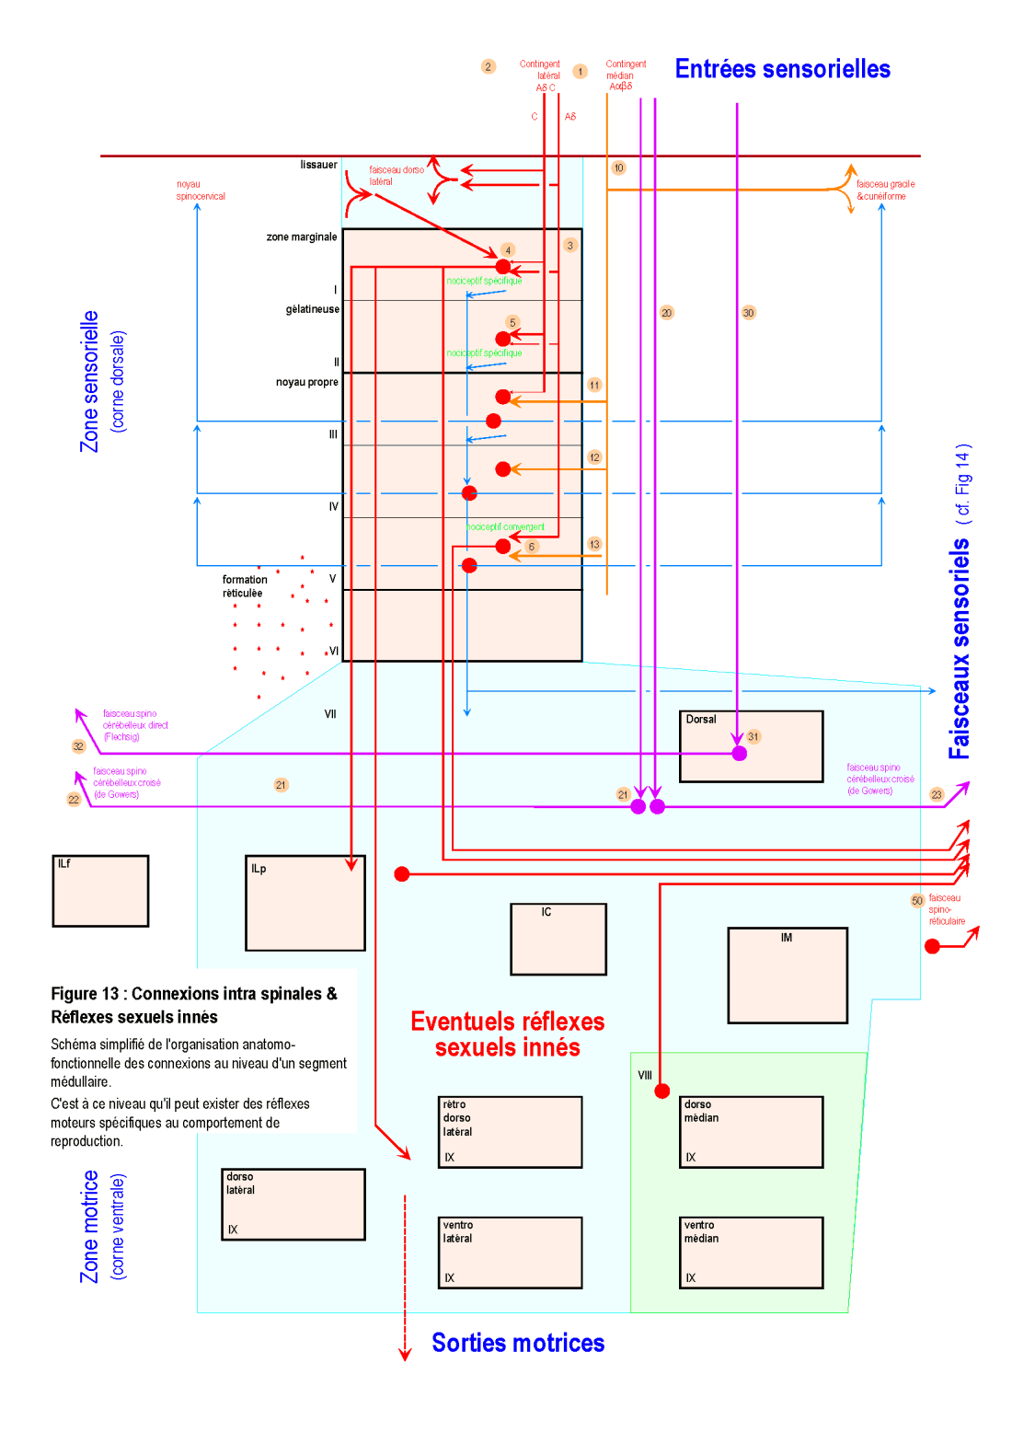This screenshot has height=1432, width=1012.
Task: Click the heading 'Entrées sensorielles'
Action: tap(782, 69)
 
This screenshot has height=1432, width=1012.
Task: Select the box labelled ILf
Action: tap(100, 891)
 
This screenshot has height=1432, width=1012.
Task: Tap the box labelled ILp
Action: tap(305, 903)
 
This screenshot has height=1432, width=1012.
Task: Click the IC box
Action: tap(558, 939)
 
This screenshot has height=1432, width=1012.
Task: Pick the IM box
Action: tap(787, 975)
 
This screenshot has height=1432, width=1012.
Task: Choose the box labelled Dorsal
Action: tap(751, 746)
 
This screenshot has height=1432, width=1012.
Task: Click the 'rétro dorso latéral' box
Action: tap(510, 1132)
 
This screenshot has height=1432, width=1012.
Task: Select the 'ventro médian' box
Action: tap(751, 1253)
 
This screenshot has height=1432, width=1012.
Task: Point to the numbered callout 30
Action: tap(748, 313)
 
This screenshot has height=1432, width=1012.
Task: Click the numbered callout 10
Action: tap(618, 167)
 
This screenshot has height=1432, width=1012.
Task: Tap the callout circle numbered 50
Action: tap(917, 901)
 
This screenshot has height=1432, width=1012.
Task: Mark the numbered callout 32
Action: tap(78, 746)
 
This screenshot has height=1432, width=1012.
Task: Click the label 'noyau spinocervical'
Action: tap(201, 191)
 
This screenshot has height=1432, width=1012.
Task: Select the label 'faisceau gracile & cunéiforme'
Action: tap(885, 191)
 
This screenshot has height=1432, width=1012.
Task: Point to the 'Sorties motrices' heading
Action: tap(518, 1343)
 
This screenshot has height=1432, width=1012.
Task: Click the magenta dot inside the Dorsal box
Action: tap(739, 754)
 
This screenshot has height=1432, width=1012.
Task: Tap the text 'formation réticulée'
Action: tap(244, 586)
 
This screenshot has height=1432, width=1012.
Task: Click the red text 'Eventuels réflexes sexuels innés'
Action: tap(507, 1034)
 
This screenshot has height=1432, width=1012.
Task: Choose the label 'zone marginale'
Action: tap(302, 237)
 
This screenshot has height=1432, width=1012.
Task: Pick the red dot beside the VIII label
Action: tap(662, 1091)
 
